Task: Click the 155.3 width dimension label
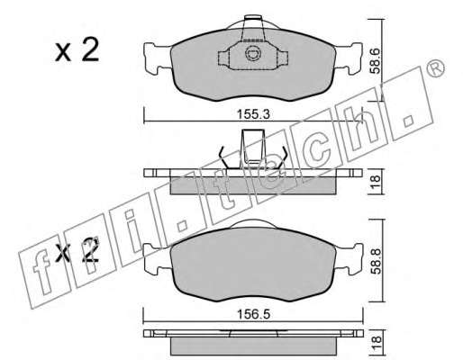pos(254,114)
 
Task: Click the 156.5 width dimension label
pos(254,314)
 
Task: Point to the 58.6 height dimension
pos(376,62)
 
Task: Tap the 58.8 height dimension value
pos(376,261)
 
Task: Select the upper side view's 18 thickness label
pos(376,182)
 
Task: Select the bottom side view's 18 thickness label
pos(376,341)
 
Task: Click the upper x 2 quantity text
pos(77,50)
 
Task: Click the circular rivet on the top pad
pos(253,54)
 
